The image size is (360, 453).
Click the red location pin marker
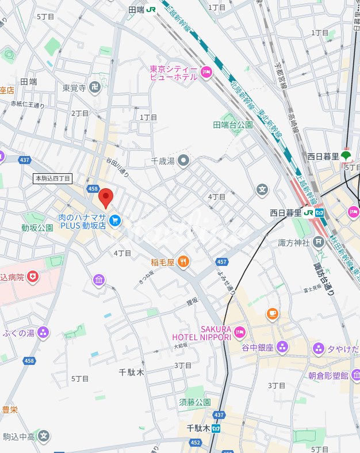click(x=106, y=197)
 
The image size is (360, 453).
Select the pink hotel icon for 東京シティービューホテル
click(x=206, y=72)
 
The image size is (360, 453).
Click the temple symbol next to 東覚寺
click(x=95, y=88)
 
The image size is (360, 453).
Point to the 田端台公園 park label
click(x=233, y=125)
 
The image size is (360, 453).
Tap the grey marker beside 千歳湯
click(x=183, y=160)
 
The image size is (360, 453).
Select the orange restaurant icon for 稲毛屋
click(x=183, y=262)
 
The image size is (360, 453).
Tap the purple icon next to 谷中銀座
click(x=282, y=347)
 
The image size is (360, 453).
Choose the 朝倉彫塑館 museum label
click(x=328, y=375)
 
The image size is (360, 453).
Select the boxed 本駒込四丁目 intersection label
click(x=52, y=178)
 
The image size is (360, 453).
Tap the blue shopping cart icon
click(x=115, y=220)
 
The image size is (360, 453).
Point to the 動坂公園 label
click(x=37, y=228)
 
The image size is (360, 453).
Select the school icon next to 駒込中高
click(x=44, y=436)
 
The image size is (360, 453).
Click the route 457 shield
click(x=223, y=262)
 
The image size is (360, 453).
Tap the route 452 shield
click(x=196, y=442)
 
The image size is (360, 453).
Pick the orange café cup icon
click(x=272, y=314)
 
